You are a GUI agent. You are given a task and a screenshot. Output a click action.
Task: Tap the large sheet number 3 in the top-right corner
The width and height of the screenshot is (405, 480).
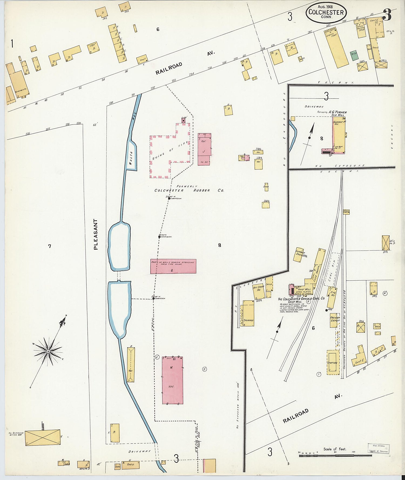pos(387,15)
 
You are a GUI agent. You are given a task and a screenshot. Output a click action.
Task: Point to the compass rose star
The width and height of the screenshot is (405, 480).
pos(48,351)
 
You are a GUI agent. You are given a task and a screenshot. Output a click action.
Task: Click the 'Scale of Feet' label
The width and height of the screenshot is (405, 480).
pos(335,449)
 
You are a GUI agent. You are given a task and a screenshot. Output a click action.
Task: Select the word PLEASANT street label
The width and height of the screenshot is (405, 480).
pos(96,234)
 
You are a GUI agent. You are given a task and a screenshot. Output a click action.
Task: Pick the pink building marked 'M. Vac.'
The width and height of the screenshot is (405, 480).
pos(172,380)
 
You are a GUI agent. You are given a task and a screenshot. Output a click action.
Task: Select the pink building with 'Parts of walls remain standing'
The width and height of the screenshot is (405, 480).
pos(173,266)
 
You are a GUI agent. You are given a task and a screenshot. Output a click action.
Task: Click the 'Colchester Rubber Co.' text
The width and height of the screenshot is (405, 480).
pos(189,190)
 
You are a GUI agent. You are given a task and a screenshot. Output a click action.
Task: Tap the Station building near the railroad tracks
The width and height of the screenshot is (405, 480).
pos(333,362)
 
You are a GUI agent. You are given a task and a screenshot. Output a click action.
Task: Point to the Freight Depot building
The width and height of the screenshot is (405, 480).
pos(334,320)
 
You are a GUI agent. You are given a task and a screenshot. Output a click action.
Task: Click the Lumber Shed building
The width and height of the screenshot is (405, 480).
pos(299,254)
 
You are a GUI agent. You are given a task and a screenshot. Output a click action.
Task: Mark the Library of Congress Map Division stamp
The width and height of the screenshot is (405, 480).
pos(379,448)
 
